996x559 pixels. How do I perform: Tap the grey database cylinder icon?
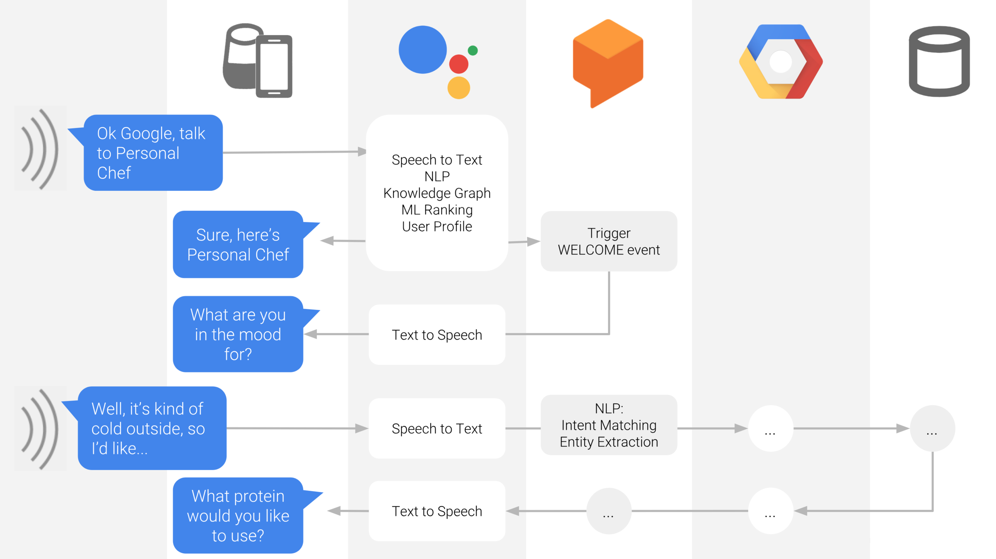click(x=939, y=61)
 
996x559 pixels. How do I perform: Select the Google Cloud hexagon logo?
click(x=781, y=61)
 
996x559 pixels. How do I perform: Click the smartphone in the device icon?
click(x=274, y=66)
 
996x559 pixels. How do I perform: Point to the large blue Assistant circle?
click(x=422, y=50)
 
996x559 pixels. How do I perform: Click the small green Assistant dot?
click(x=473, y=51)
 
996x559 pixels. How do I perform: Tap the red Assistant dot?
click(x=458, y=64)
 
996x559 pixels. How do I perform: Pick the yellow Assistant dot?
click(x=458, y=87)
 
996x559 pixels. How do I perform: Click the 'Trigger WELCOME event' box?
click(x=609, y=241)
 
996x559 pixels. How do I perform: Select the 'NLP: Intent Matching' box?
click(x=609, y=425)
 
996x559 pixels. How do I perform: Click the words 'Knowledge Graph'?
click(x=437, y=193)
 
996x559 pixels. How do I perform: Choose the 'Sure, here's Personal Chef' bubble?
click(x=238, y=245)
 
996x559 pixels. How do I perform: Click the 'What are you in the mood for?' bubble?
click(x=238, y=334)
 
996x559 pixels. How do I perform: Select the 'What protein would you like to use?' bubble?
click(x=238, y=516)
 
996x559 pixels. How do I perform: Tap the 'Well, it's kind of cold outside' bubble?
click(x=152, y=428)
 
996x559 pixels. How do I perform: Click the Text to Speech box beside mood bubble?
click(x=437, y=335)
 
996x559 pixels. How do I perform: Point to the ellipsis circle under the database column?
click(x=932, y=428)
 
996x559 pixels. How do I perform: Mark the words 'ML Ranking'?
click(x=437, y=210)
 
